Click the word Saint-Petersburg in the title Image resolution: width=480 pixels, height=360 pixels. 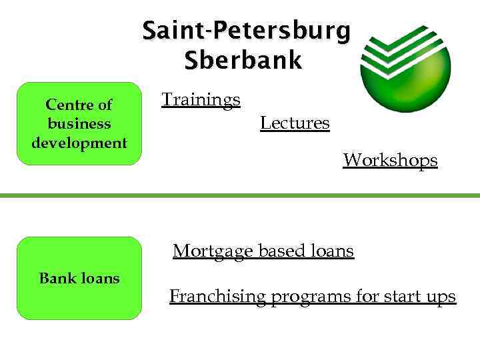point(246,31)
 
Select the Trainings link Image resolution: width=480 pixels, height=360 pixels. point(201,100)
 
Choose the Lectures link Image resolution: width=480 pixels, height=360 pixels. point(295,123)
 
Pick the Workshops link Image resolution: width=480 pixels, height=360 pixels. point(390,160)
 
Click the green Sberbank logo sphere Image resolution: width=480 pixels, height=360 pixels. point(405,67)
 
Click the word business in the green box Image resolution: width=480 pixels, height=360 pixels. point(79,123)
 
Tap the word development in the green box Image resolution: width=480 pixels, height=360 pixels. point(79,142)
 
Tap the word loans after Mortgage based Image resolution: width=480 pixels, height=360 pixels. point(332,251)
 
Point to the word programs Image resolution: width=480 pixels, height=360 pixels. point(311,297)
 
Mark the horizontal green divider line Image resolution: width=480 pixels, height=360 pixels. point(240,195)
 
